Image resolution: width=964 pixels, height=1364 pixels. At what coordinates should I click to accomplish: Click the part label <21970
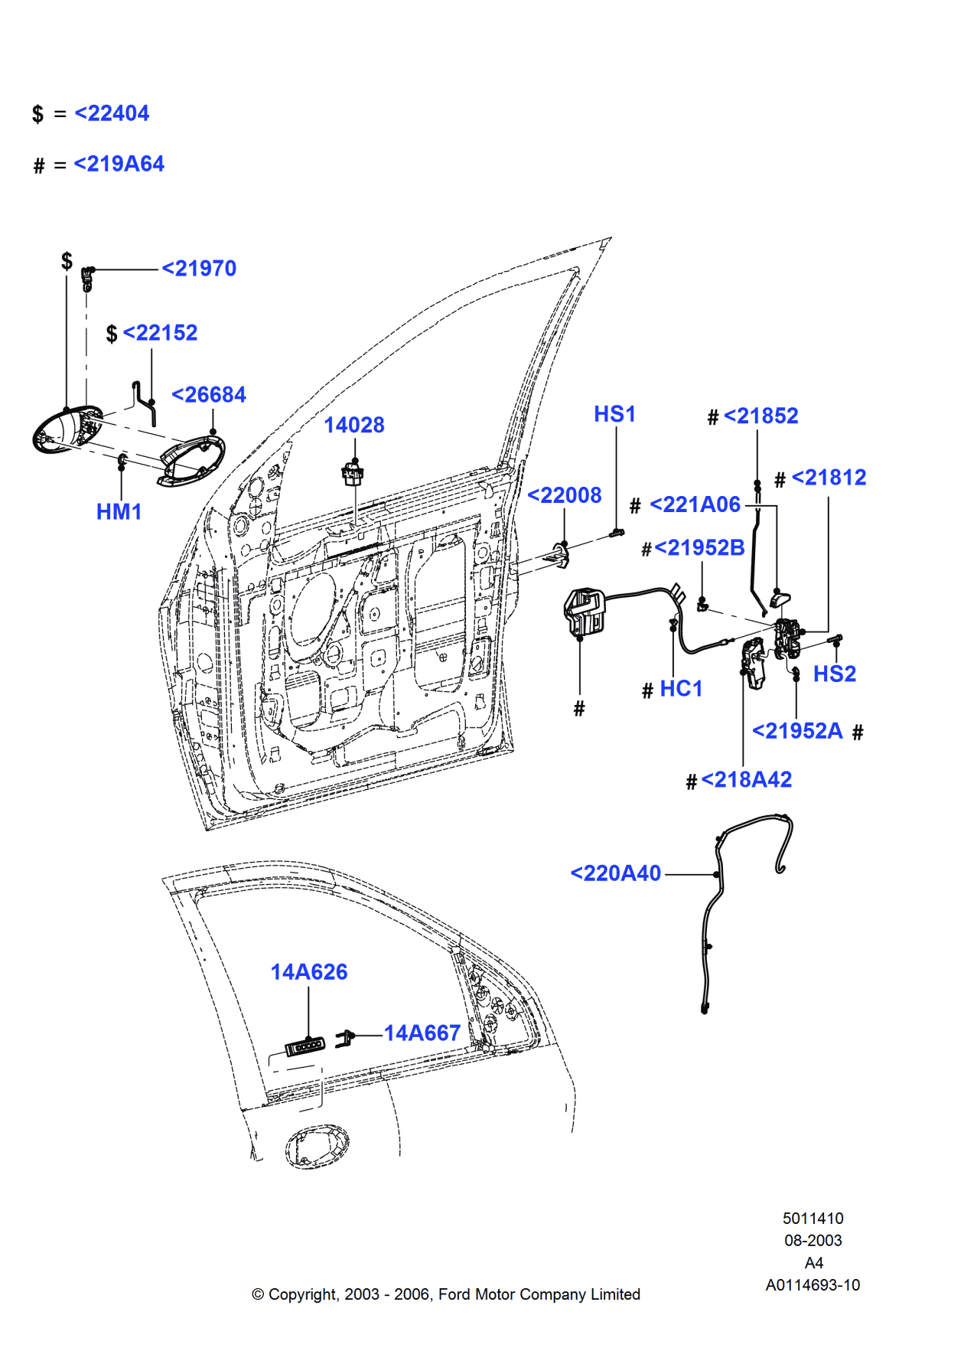coord(199,269)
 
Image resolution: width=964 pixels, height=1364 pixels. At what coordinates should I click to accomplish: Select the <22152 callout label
coord(160,333)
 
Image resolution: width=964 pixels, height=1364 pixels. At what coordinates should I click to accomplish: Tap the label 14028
coord(353,426)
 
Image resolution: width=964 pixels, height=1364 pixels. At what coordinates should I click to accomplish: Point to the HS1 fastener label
coord(614,414)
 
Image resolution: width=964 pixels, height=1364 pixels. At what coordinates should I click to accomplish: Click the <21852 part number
coord(760,416)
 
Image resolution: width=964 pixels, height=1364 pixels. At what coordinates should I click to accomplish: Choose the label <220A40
coord(615,873)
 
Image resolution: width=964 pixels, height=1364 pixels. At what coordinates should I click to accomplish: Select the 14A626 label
coord(308,972)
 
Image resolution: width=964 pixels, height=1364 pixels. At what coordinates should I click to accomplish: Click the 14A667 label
coord(422,1033)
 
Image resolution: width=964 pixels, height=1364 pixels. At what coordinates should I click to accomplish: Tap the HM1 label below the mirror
coord(119,512)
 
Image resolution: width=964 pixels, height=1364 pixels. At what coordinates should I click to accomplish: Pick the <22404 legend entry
coord(112,113)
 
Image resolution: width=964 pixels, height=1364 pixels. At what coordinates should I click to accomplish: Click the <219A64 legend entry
coord(119,164)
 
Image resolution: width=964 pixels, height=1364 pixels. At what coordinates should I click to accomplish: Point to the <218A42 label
coord(746,780)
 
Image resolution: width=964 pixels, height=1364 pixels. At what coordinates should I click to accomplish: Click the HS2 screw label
coord(834,674)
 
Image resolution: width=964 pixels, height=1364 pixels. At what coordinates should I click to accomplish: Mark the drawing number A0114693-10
coord(813,1285)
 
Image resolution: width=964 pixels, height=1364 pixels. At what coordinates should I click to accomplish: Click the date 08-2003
coord(813,1241)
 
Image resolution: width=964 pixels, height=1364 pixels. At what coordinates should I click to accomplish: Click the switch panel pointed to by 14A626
coord(305,1046)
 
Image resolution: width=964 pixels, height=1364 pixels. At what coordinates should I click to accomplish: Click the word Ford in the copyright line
coord(454,1294)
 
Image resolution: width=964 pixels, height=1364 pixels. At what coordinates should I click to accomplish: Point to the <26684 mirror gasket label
coord(209,395)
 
